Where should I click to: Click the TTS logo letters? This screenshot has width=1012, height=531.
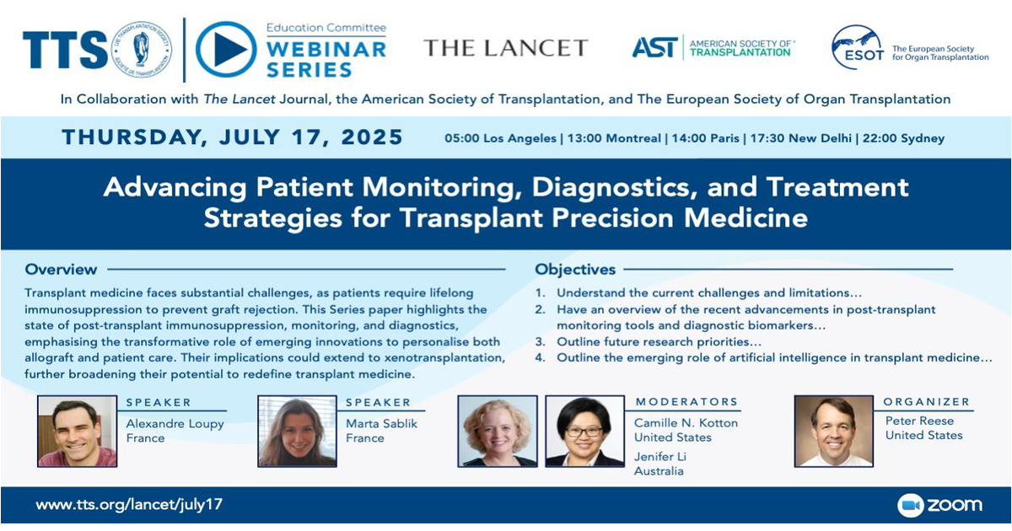[65, 50]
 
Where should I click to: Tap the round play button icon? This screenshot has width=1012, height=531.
[226, 49]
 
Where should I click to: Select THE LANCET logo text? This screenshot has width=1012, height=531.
[506, 48]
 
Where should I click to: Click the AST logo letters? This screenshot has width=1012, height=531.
[655, 47]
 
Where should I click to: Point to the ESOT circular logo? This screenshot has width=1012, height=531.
[858, 47]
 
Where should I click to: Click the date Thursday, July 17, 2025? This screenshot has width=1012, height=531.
[232, 137]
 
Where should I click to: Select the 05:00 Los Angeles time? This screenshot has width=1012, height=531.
[500, 138]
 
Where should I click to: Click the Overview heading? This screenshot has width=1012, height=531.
[61, 269]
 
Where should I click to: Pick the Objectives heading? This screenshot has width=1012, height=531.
[575, 270]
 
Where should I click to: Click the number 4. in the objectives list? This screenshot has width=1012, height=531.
[541, 357]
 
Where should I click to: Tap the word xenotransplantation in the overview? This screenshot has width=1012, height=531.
[444, 357]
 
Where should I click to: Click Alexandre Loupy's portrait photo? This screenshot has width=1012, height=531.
[78, 432]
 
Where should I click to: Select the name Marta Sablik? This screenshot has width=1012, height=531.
[382, 423]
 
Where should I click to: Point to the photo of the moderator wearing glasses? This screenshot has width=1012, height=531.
[584, 432]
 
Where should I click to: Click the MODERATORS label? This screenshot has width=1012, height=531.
[686, 402]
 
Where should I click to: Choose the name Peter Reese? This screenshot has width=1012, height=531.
[919, 421]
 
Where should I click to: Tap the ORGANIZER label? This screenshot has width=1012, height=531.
[927, 402]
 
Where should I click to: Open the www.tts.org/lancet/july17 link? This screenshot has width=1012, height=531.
[129, 504]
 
